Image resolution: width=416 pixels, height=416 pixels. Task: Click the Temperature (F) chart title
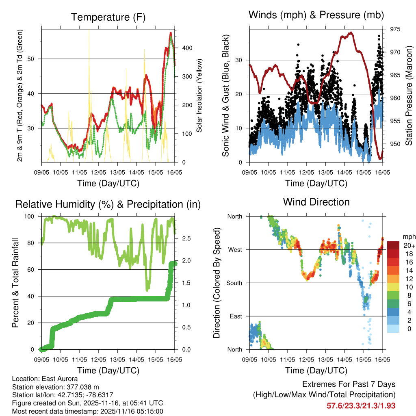pos(108,17)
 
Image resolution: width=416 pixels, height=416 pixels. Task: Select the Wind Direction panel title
pos(316,202)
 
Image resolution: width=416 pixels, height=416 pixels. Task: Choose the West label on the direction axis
pos(234,249)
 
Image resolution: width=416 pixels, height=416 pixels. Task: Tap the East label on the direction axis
pos(235,316)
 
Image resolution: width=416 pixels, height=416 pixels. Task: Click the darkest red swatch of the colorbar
pos(393,245)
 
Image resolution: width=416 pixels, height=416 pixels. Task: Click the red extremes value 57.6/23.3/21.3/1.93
pos(361,405)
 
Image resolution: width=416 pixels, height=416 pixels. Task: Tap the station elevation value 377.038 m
pos(81,387)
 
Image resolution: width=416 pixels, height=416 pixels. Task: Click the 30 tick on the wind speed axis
pos(240,60)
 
